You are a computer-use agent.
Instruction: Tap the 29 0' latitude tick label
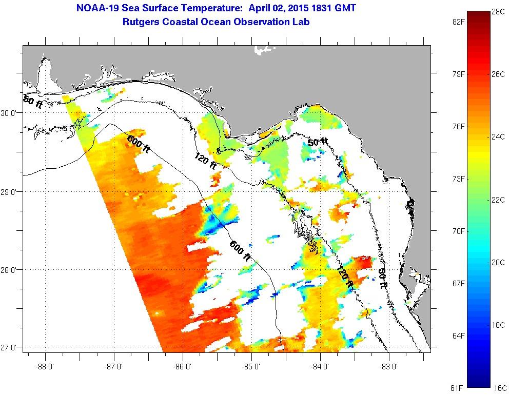pos(10,191)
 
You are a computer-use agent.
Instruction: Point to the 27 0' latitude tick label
pos(10,348)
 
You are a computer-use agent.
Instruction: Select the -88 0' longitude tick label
pos(45,367)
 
